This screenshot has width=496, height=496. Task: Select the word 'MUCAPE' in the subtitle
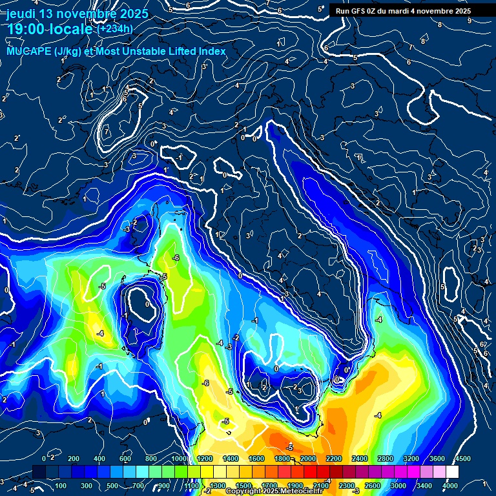coord(28,51)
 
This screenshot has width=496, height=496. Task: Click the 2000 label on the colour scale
coord(308,459)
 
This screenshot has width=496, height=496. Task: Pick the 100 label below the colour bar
coord(61,486)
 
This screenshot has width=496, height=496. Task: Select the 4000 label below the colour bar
coord(450,486)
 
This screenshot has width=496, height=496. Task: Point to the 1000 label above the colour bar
coord(178,459)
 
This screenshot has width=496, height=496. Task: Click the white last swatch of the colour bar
coord(459,473)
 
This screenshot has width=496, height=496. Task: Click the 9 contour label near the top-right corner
coord(469,21)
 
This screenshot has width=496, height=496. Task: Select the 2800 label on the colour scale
coord(386,459)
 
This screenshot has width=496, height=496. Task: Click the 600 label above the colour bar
coord(125,459)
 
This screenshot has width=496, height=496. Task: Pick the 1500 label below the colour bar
coord(243,486)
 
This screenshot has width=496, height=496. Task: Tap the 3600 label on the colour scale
coord(437,459)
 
